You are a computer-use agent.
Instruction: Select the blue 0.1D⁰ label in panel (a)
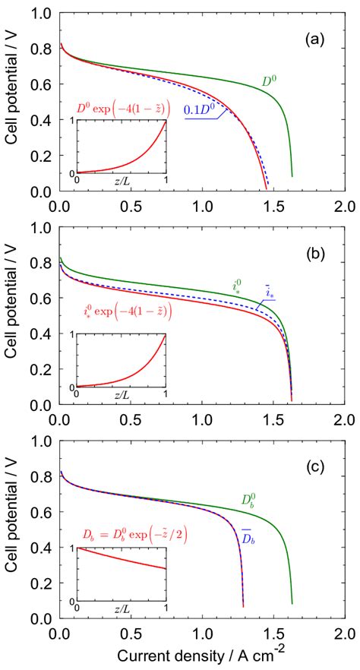tap(204, 112)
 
